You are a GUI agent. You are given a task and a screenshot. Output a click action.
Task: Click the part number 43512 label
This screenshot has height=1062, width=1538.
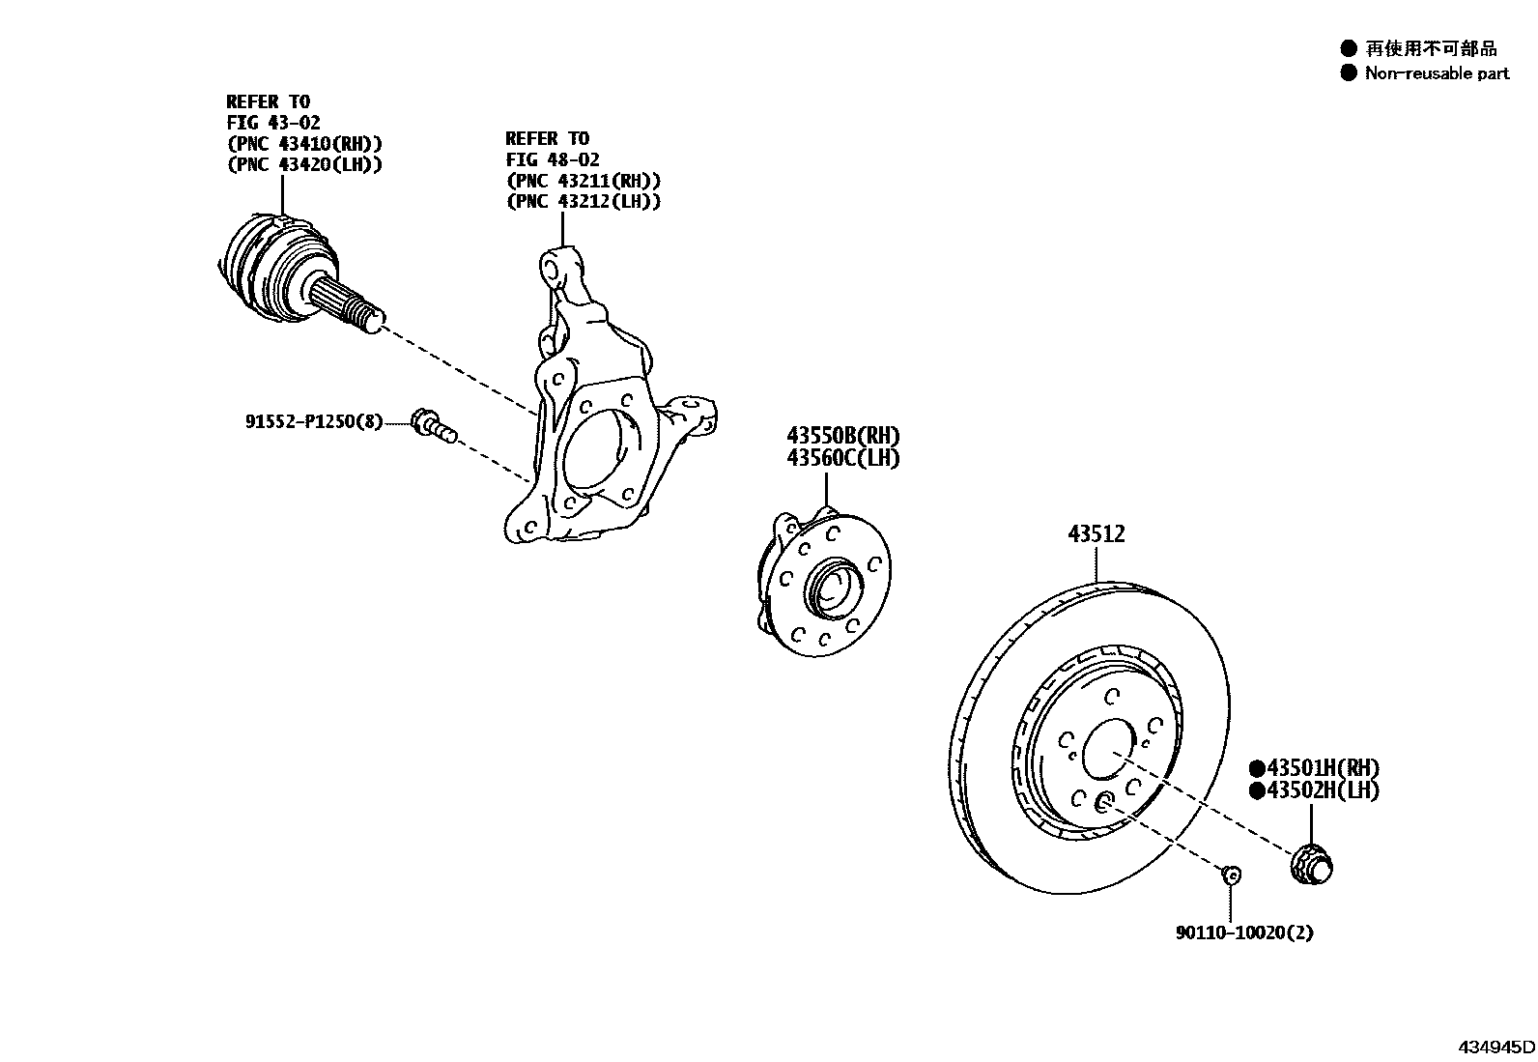(x=1097, y=533)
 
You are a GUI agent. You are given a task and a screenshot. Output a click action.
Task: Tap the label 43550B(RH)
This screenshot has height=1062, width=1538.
(x=842, y=436)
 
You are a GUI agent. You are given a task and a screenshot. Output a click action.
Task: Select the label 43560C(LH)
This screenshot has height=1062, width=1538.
(x=842, y=458)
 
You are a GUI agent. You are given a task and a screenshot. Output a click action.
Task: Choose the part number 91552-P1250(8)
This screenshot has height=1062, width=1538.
(x=313, y=421)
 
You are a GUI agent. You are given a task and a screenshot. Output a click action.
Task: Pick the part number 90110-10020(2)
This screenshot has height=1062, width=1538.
(x=1244, y=933)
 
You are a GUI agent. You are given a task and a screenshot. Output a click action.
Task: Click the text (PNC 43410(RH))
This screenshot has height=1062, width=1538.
(x=304, y=144)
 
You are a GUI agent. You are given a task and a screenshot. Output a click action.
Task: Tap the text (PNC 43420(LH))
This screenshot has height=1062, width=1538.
(x=304, y=164)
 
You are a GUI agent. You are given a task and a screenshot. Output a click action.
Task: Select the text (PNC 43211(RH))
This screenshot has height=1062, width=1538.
(x=584, y=181)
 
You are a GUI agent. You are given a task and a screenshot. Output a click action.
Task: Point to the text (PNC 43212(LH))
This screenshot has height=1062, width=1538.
(x=584, y=201)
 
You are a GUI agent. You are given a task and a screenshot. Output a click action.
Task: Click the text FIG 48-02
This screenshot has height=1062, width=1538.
(x=553, y=159)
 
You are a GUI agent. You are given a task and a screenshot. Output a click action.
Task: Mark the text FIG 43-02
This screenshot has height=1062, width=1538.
(x=273, y=123)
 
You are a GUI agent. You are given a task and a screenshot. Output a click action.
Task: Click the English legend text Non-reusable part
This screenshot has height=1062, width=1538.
(x=1437, y=73)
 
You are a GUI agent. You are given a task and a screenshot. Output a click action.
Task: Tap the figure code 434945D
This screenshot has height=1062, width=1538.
(x=1496, y=1047)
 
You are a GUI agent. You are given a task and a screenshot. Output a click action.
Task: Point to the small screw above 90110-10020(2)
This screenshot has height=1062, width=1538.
(x=1231, y=875)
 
